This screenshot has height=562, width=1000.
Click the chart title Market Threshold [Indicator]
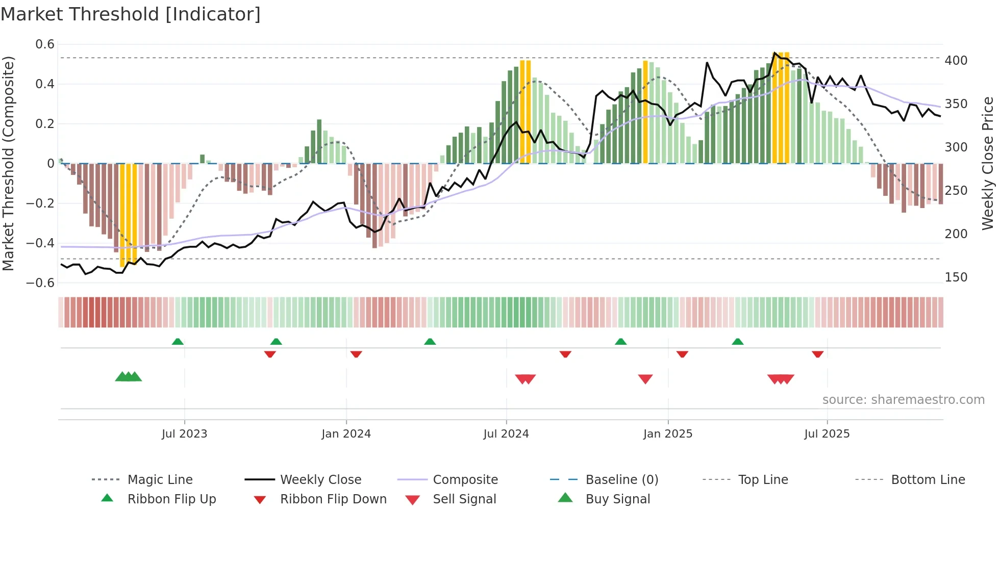pyautogui.click(x=131, y=14)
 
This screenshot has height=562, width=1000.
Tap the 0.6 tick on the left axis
pyautogui.click(x=45, y=44)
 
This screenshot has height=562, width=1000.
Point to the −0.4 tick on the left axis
pyautogui.click(x=40, y=243)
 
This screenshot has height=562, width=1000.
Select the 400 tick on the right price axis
pyautogui.click(x=956, y=61)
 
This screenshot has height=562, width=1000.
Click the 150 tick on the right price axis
pyautogui.click(x=956, y=277)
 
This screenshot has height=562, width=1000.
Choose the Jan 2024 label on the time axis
pyautogui.click(x=346, y=434)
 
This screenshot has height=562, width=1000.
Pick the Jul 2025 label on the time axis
pyautogui.click(x=827, y=434)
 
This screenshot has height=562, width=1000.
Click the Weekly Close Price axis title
pyautogui.click(x=988, y=163)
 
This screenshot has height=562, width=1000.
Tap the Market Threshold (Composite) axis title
pyautogui.click(x=8, y=163)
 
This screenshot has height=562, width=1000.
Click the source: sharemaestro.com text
pyautogui.click(x=903, y=400)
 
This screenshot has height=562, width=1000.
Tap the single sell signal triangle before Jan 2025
pyautogui.click(x=645, y=379)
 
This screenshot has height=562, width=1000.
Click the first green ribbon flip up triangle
pyautogui.click(x=178, y=342)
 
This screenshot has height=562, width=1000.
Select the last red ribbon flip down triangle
pyautogui.click(x=818, y=354)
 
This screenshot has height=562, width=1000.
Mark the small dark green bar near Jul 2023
pyautogui.click(x=202, y=159)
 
